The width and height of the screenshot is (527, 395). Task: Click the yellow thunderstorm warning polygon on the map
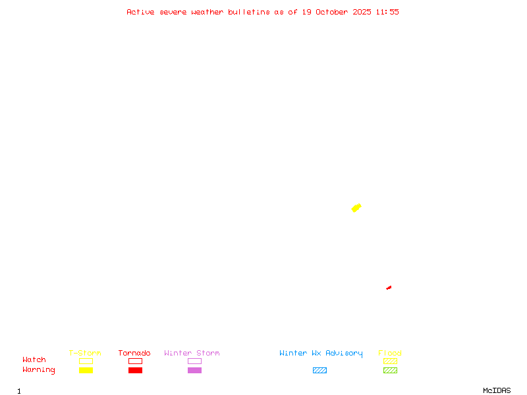point(356,208)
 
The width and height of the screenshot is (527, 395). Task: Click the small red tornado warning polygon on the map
point(389,288)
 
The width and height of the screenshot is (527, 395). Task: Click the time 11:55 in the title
point(387,12)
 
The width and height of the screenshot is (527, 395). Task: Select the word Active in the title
point(141,12)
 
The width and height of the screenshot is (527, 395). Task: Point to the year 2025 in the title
point(361,12)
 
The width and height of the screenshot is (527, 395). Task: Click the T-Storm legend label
point(85,354)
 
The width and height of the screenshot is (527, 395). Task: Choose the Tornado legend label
point(134,354)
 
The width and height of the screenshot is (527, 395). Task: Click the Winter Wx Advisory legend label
point(321,354)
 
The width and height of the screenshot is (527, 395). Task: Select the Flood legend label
point(390,354)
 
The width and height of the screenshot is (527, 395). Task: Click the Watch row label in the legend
point(34,360)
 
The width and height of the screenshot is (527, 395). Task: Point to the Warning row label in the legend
point(39,370)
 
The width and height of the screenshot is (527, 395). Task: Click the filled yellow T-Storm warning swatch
point(86,371)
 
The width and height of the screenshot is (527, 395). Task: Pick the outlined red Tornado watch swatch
point(135,361)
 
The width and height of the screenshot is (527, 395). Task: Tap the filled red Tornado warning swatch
point(135,371)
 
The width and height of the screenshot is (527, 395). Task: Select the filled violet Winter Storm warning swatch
point(194,371)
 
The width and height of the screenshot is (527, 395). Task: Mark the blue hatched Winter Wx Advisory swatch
point(319,371)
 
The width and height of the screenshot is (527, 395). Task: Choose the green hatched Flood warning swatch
point(390,371)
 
